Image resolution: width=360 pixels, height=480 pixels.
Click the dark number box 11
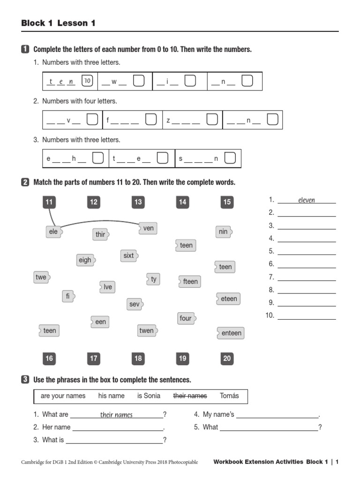tap(49, 202)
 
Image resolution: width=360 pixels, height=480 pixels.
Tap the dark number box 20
tap(227, 359)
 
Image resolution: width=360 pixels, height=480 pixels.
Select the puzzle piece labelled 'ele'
tap(54, 232)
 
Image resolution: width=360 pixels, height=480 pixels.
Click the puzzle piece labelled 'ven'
tap(148, 228)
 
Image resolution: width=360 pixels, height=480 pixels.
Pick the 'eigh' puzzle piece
tap(85, 260)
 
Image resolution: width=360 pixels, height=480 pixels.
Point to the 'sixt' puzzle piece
tap(129, 255)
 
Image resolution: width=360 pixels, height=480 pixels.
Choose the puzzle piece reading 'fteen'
tap(190, 281)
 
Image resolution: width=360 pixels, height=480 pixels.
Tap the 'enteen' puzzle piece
tap(231, 333)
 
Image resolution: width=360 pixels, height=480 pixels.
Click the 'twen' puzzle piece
tap(147, 330)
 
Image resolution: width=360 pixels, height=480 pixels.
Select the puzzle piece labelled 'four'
tap(186, 318)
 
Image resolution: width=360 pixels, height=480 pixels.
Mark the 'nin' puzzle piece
tap(224, 232)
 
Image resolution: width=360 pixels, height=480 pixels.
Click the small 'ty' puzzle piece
tap(153, 279)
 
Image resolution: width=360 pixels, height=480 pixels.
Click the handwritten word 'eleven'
tap(307, 200)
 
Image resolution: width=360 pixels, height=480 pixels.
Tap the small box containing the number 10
tap(87, 81)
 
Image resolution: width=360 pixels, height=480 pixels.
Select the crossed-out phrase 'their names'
tap(190, 396)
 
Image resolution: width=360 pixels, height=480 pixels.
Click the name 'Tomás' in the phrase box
tap(229, 396)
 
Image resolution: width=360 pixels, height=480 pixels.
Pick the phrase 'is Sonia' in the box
tap(149, 396)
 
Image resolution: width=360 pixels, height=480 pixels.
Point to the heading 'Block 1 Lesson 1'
tap(58, 23)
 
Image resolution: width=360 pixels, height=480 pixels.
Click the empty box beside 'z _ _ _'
tap(212, 120)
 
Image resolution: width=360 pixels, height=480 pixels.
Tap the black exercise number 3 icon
tap(25, 380)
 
